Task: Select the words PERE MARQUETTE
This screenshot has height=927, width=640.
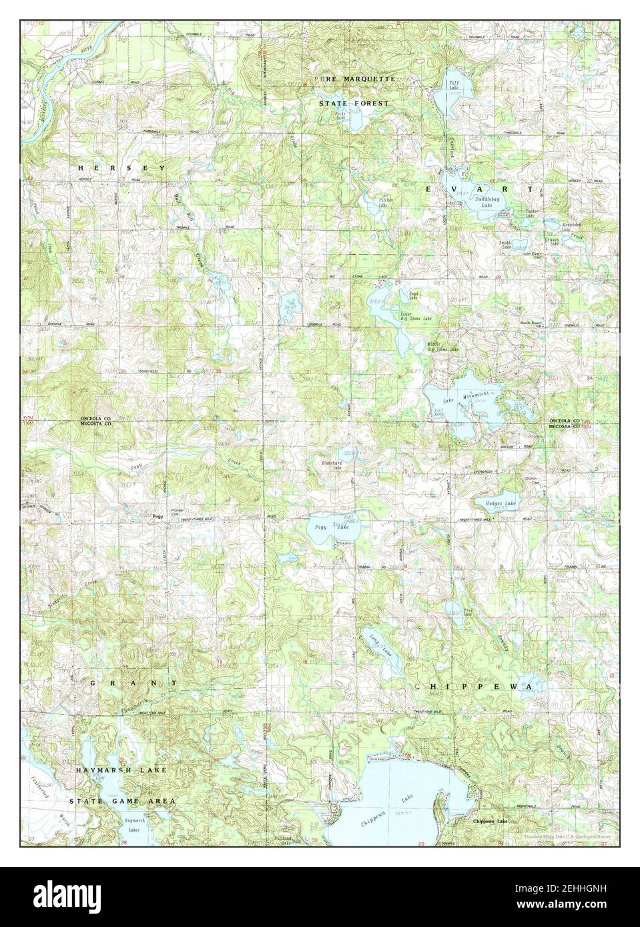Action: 356,79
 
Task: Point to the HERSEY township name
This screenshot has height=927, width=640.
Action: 121,168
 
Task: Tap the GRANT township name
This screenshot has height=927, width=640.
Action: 134,684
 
